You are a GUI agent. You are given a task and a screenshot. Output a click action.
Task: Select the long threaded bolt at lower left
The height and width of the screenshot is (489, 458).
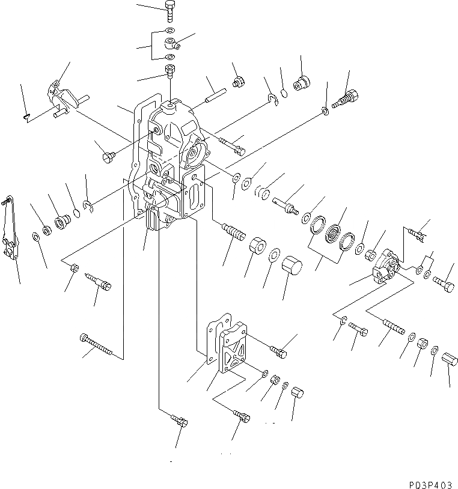96,345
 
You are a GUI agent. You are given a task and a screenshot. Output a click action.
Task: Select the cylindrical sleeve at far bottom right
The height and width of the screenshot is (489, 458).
450,362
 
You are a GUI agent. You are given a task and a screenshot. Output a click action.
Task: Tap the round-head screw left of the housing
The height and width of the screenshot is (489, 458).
109,157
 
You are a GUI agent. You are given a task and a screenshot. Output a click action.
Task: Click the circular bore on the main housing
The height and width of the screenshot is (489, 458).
194,157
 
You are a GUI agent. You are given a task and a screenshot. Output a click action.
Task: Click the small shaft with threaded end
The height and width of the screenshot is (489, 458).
285,205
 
